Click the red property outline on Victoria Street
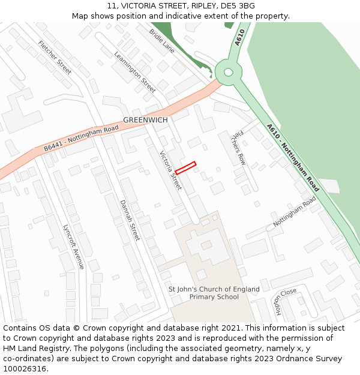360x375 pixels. coord(185,168)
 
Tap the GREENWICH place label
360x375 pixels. coord(145,120)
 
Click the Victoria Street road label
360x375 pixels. coord(170,170)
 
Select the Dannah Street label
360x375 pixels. coord(130,220)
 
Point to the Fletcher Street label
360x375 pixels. coord(55,58)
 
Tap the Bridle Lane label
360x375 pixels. coord(162,41)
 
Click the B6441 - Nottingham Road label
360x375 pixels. coord(81,138)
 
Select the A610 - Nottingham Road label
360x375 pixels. coord(293,158)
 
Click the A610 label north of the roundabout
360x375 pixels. coord(241,37)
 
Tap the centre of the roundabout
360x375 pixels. coord(228,72)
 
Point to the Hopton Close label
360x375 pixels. coord(286,301)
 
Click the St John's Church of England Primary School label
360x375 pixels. coord(214,293)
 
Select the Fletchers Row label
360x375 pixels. coord(239,148)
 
